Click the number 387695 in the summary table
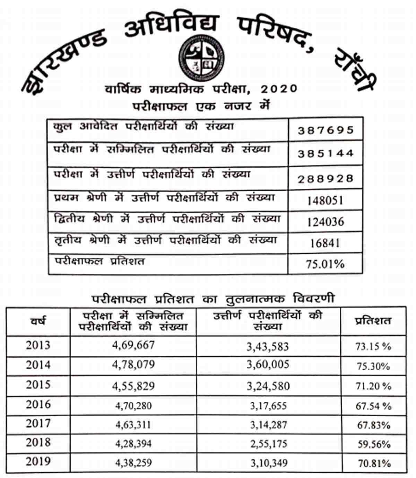pos(326,130)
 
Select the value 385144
pos(326,153)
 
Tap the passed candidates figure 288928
pos(326,178)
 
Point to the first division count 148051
pos(325,200)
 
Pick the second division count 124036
pos(326,222)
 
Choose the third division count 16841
pos(325,243)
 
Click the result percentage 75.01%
pos(325,264)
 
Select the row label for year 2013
pos(38,345)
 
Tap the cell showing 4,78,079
pos(133,365)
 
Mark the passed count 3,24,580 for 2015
pos(268,386)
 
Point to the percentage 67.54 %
pos(373,406)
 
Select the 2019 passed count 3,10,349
pos(268,462)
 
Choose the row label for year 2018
pos(38,443)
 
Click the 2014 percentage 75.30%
pos(373,366)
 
